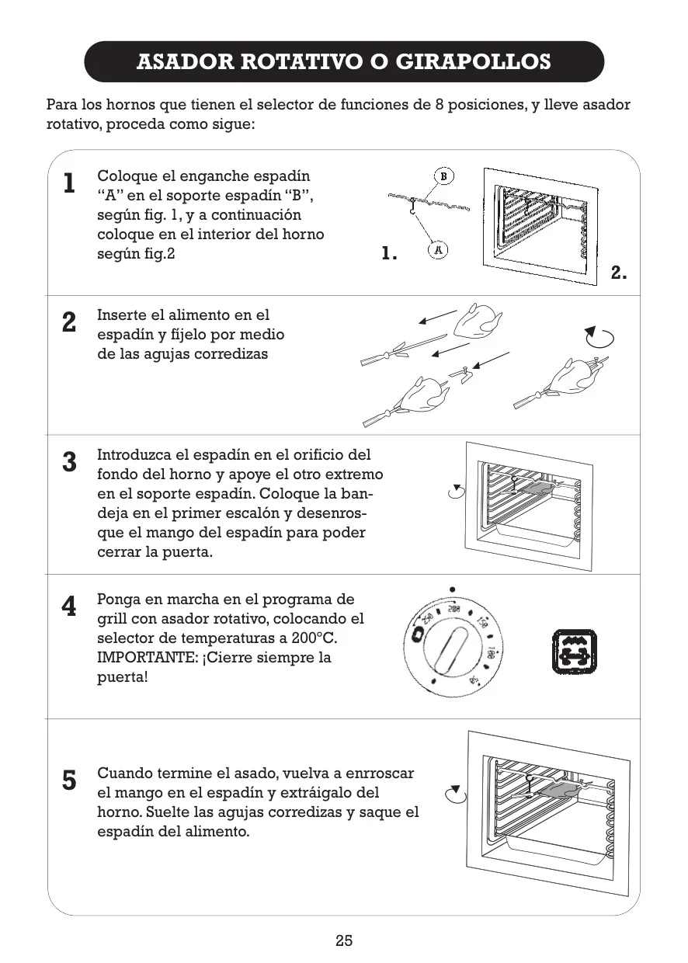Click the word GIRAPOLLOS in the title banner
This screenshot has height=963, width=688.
(473, 61)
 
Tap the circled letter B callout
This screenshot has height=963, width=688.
(444, 176)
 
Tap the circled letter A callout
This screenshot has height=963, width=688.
(438, 250)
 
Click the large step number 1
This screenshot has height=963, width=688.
(69, 183)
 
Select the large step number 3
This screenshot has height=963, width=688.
(69, 462)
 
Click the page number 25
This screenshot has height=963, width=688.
(344, 941)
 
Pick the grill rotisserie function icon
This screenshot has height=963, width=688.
(574, 651)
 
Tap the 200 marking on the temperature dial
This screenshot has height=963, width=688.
(453, 609)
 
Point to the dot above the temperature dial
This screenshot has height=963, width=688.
(452, 589)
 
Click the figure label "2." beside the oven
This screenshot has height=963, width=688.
(618, 273)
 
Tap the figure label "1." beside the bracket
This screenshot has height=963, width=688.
(389, 253)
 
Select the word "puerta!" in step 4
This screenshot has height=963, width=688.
(123, 677)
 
